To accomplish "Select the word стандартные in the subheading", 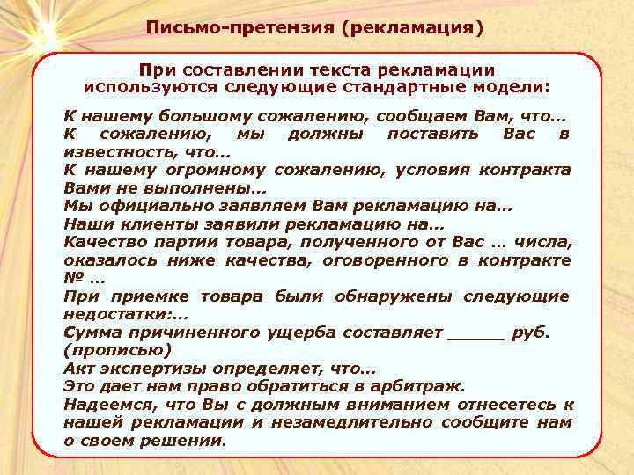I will [x=402, y=88].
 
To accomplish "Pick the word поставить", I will [x=433, y=135].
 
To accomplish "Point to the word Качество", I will [x=100, y=242].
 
